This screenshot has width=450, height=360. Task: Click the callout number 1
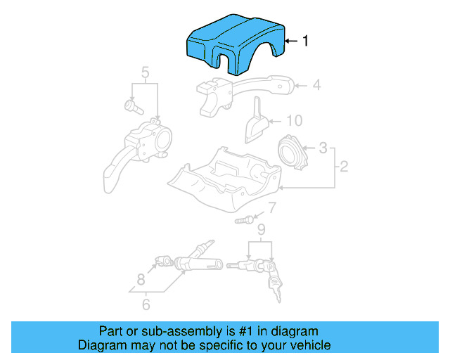click(305, 41)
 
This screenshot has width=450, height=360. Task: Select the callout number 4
click(316, 86)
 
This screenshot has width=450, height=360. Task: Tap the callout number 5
click(145, 72)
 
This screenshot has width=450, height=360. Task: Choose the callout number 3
click(323, 148)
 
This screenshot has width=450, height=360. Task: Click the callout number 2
click(344, 167)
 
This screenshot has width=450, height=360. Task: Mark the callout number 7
click(272, 207)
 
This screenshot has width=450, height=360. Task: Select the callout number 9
click(261, 229)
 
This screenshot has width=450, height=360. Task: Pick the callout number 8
click(141, 278)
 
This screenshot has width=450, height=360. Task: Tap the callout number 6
click(146, 304)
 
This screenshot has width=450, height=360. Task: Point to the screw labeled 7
click(243, 220)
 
